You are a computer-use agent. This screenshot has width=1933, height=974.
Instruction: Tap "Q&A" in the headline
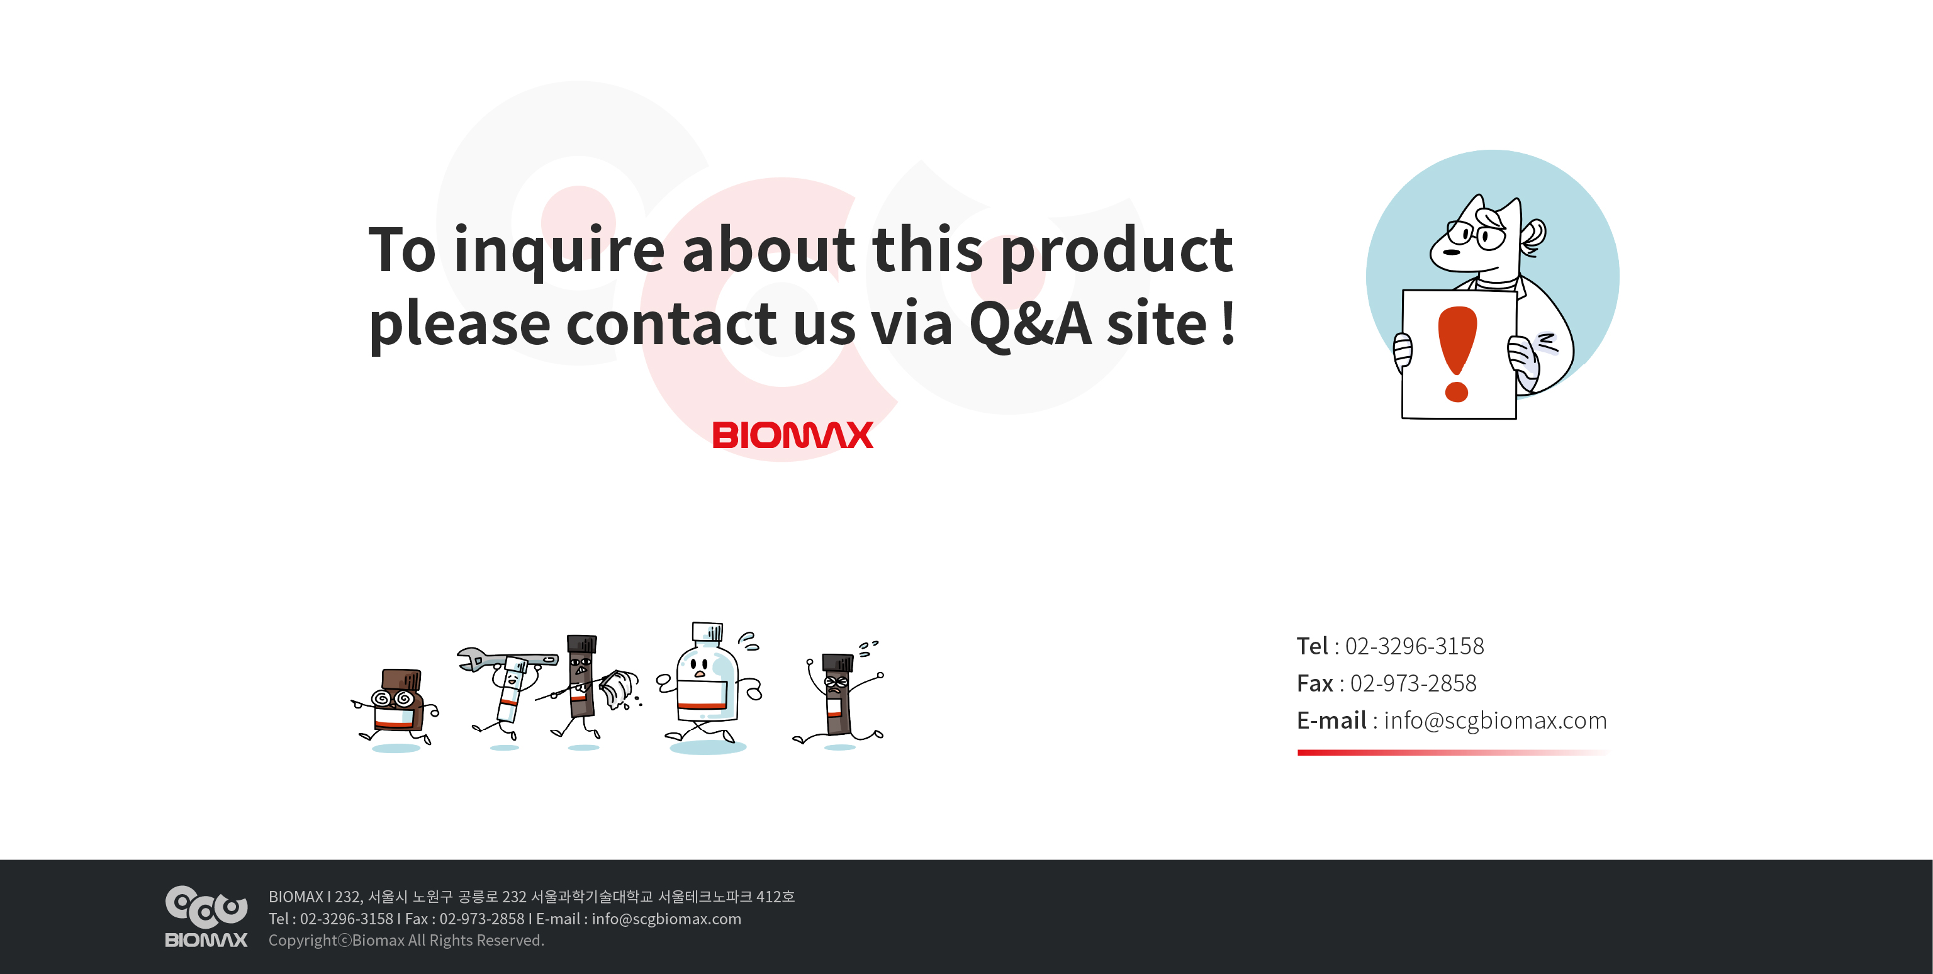(x=1029, y=324)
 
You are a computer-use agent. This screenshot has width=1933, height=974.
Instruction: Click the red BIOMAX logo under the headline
(x=792, y=435)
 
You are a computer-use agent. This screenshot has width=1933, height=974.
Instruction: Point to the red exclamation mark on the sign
(x=1457, y=354)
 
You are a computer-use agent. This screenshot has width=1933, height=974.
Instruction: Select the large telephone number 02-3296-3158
(x=1415, y=646)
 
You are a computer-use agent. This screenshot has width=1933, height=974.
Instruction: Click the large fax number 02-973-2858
(x=1413, y=683)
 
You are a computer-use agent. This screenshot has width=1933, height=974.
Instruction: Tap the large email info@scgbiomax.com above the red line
(x=1495, y=720)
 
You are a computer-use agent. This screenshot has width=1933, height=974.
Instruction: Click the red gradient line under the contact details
(x=1453, y=753)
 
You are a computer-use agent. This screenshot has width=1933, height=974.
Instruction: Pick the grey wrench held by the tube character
(x=507, y=659)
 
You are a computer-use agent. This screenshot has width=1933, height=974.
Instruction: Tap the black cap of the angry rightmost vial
(x=838, y=663)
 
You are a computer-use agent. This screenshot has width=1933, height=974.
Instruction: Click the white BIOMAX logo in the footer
(x=206, y=917)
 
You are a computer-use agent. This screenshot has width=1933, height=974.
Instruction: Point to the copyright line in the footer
(x=406, y=940)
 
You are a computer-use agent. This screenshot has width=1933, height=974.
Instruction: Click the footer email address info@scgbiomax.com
(x=666, y=919)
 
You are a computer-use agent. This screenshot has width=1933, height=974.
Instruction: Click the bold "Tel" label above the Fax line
(x=1313, y=646)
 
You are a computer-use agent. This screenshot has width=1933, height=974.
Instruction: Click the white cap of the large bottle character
(x=707, y=632)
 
